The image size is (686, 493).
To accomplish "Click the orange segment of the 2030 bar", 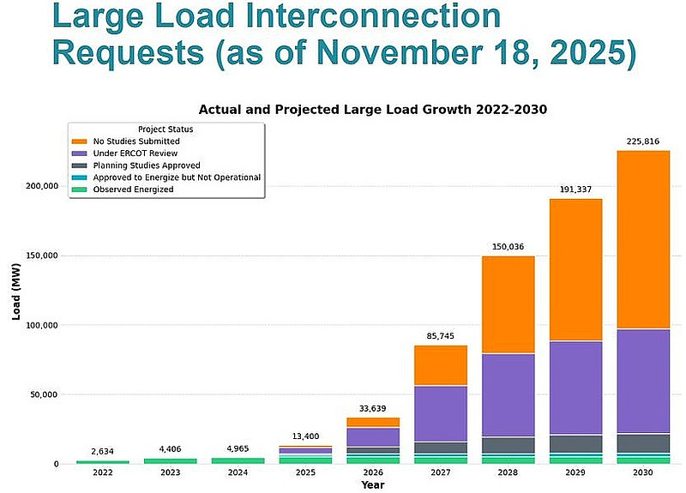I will (643, 240).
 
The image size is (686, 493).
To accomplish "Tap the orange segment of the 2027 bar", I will (441, 366).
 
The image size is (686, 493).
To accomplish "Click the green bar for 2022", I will (103, 461).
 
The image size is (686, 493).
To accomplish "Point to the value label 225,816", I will (643, 141).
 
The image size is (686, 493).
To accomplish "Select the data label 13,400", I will (304, 436).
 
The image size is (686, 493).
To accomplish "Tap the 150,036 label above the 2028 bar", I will (507, 247).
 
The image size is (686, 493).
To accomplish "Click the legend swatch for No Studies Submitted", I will (80, 141).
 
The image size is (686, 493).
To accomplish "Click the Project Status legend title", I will (165, 129).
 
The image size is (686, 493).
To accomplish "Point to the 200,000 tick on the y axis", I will (43, 186).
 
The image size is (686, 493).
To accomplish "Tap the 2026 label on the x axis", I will (373, 472).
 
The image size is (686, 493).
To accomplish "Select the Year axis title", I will (372, 485).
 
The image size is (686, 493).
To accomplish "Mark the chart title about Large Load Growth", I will (373, 110).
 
